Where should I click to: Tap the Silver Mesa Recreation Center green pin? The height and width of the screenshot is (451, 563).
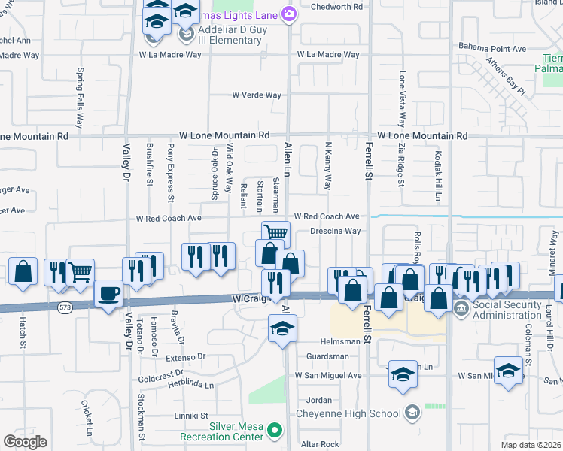pyautogui.click(x=275, y=431)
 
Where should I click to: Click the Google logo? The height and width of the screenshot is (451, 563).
pyautogui.click(x=25, y=442)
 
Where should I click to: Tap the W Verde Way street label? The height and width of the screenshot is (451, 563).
pyautogui.click(x=257, y=95)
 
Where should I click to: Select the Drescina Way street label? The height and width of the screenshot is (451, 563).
pyautogui.click(x=335, y=232)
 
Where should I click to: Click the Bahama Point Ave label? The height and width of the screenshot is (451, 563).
pyautogui.click(x=493, y=48)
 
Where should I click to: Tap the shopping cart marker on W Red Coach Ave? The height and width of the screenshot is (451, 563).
pyautogui.click(x=275, y=232)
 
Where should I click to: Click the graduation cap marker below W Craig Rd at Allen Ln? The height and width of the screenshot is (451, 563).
pyautogui.click(x=282, y=328)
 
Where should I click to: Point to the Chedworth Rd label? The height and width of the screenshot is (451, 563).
pyautogui.click(x=337, y=7)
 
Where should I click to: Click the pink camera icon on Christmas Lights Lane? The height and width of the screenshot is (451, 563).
pyautogui.click(x=288, y=14)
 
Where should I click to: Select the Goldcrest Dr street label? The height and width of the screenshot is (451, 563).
pyautogui.click(x=160, y=373)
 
